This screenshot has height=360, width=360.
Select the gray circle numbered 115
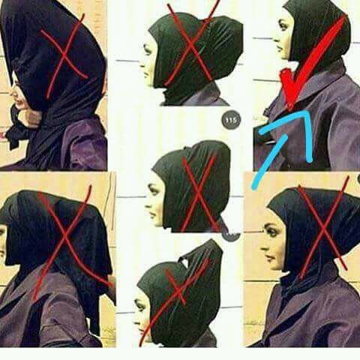[x=231, y=120]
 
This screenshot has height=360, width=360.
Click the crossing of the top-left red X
[x=64, y=55]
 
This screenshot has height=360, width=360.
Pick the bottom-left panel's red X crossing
[x=65, y=238]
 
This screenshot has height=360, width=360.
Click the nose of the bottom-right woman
[x=263, y=248]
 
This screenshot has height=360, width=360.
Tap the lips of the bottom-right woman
[x=268, y=257]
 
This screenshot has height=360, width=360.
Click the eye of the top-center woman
[x=148, y=50]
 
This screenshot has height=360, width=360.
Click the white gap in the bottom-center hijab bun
[x=185, y=262]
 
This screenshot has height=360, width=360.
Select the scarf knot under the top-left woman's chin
[x=16, y=130]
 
